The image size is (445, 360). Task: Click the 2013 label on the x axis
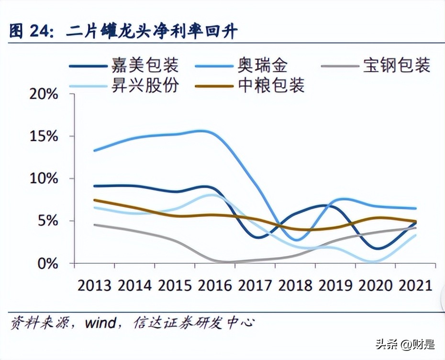click(x=94, y=286)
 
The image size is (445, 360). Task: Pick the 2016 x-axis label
click(x=214, y=286)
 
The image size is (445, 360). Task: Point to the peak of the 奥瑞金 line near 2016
click(x=201, y=130)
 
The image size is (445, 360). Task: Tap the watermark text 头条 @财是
click(x=405, y=344)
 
